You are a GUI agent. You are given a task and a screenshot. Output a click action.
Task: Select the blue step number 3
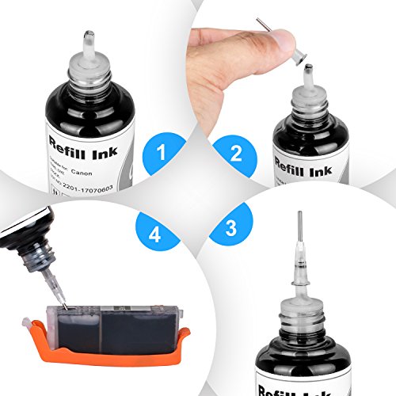(x=230, y=230)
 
